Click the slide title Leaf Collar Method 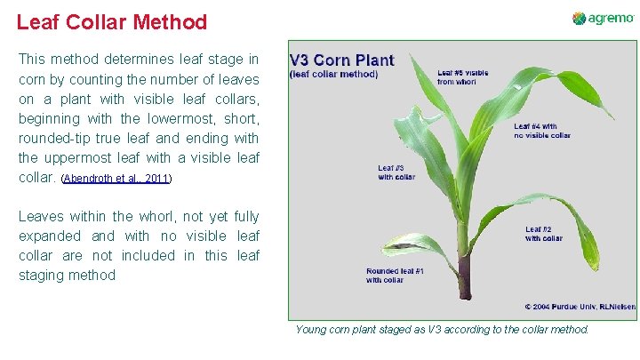112,22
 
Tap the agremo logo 603,19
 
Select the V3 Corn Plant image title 341,60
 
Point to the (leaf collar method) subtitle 334,75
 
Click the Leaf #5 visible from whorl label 464,76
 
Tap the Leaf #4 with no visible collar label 542,131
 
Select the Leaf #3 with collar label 396,172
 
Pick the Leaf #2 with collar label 544,233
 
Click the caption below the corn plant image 442,330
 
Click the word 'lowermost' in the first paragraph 157,118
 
